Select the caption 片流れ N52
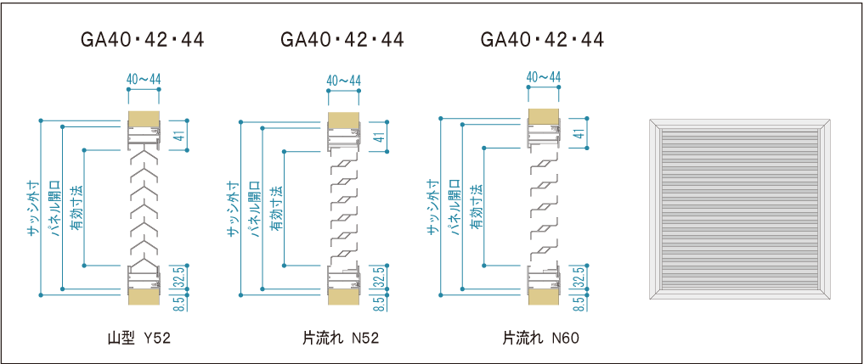point(340,338)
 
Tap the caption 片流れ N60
point(540,338)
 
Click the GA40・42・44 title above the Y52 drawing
point(142,40)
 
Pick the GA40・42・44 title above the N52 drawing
point(342,40)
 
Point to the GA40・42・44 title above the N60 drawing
point(542,40)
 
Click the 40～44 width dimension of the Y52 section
point(144,79)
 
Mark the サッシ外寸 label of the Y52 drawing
point(32,208)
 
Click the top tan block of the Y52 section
point(144,118)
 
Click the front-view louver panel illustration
point(741,208)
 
